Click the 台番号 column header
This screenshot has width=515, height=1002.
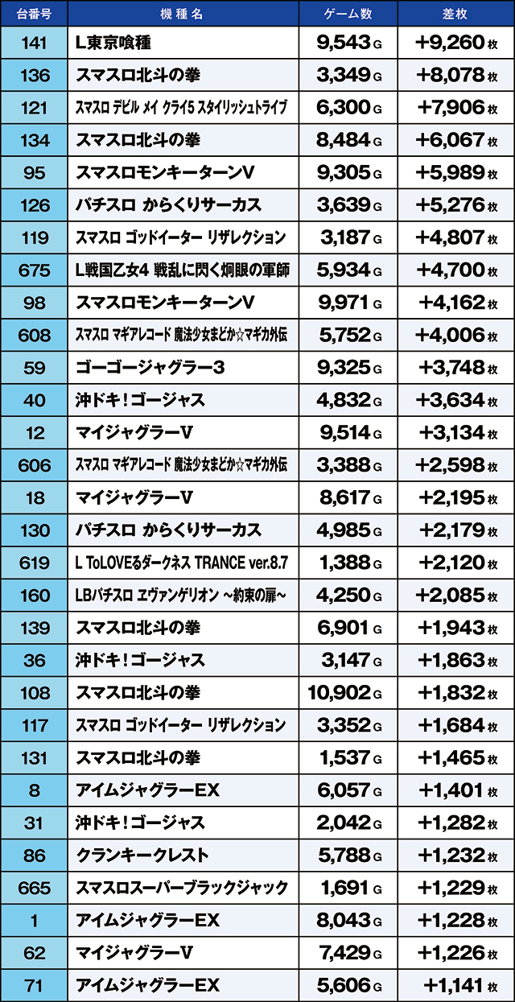coord(33,13)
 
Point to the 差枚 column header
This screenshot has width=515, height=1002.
coord(455,13)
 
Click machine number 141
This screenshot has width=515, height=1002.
coord(33,43)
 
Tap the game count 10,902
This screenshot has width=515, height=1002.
coord(340,693)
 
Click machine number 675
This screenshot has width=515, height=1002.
coord(33,270)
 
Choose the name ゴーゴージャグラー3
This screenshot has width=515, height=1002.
coord(150,368)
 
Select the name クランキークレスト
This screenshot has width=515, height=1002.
coord(142,856)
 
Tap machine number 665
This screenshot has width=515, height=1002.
coord(33,888)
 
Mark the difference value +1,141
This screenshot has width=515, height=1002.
coord(452,985)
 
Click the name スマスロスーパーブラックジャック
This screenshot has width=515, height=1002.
coord(181,888)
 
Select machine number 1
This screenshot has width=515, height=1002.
coord(33,920)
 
